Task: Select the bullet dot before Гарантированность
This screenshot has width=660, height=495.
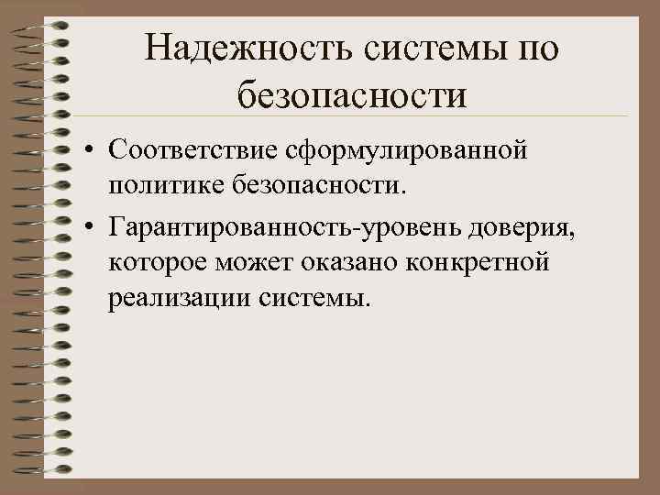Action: coord(83,225)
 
